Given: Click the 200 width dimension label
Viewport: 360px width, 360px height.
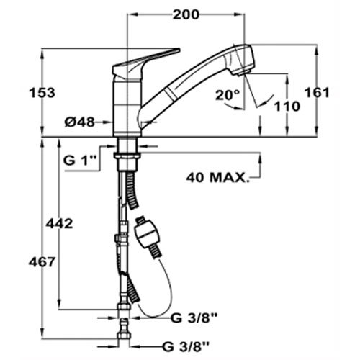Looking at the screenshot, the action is (x=186, y=15).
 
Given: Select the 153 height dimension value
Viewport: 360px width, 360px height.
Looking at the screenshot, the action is (x=42, y=93).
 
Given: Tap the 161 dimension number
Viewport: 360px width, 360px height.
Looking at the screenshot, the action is (x=317, y=93).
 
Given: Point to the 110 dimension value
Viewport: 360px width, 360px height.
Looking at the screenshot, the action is (x=287, y=107).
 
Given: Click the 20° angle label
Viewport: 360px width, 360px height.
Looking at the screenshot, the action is (x=228, y=95).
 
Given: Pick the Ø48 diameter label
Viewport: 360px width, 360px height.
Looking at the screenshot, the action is (x=80, y=122).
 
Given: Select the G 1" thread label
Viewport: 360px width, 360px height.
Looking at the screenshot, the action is (x=80, y=161).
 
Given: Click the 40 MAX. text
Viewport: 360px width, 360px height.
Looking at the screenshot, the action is (x=217, y=178).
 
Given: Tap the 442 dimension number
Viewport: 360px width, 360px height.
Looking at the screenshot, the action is (x=59, y=224).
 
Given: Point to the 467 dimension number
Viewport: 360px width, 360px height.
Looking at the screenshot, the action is (x=42, y=262).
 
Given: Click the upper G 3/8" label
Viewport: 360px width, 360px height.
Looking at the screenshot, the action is (x=194, y=318).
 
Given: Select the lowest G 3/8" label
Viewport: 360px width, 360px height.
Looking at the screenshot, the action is (x=186, y=347).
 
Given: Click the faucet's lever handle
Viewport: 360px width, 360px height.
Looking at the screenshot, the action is (x=145, y=64).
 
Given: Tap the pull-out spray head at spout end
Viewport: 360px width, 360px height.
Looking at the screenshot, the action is (x=241, y=60).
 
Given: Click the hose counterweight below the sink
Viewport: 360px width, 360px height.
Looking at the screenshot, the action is (x=147, y=236).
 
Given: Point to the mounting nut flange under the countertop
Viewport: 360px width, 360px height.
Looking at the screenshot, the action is (x=127, y=156).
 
